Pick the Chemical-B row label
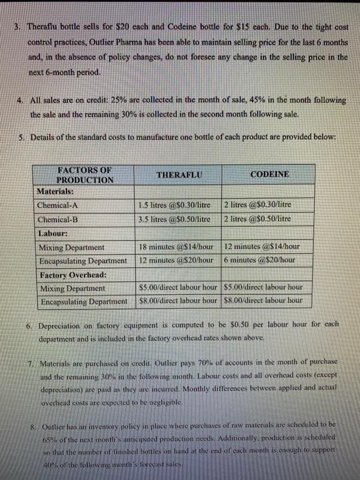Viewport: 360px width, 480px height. (x=60, y=217)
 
